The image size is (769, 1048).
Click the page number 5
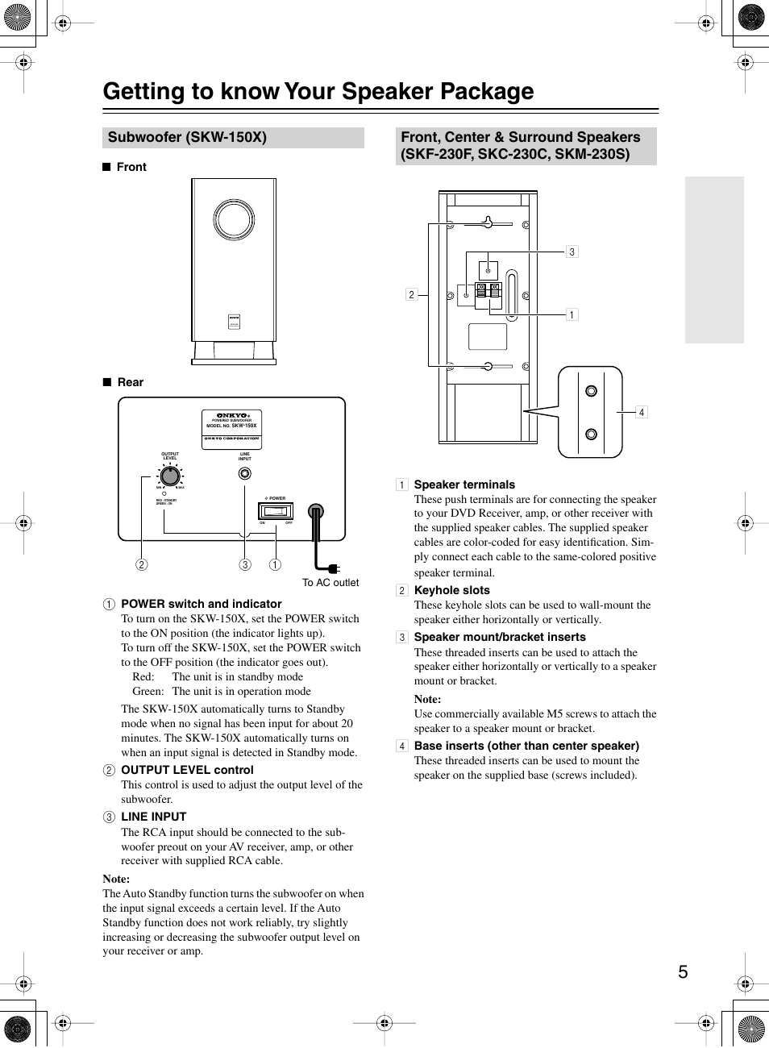(683, 971)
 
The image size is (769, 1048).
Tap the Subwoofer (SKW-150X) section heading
(187, 137)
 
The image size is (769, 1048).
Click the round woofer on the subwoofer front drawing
(234, 220)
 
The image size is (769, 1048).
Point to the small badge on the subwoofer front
(234, 322)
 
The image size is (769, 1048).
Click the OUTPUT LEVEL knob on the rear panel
(169, 476)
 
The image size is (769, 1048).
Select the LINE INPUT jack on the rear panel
(245, 474)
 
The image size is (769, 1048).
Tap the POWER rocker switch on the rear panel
(276, 511)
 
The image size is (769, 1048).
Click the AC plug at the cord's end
(333, 569)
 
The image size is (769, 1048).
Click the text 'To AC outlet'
(330, 583)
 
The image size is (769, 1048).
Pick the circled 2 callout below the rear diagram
(142, 564)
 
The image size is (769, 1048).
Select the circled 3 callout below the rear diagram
(245, 564)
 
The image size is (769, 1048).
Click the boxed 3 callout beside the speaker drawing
(572, 252)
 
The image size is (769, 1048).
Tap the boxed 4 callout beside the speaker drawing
(641, 412)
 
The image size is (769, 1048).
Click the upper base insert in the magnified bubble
(591, 391)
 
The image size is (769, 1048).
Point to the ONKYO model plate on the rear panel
(231, 429)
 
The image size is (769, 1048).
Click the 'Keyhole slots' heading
(451, 590)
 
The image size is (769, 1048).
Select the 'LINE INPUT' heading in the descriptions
(153, 817)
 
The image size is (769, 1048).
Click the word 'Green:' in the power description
(148, 691)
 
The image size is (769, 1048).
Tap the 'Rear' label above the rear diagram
(130, 382)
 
